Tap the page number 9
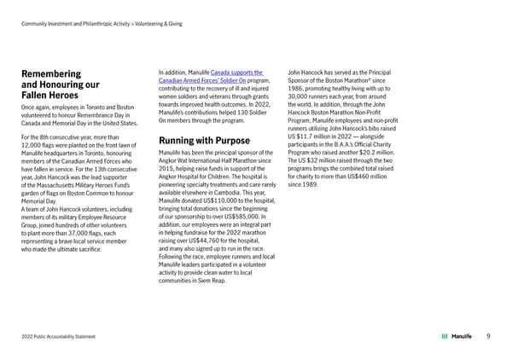[486, 336]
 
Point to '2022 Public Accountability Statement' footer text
[59, 336]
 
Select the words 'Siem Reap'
[215, 281]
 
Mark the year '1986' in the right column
[298, 90]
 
